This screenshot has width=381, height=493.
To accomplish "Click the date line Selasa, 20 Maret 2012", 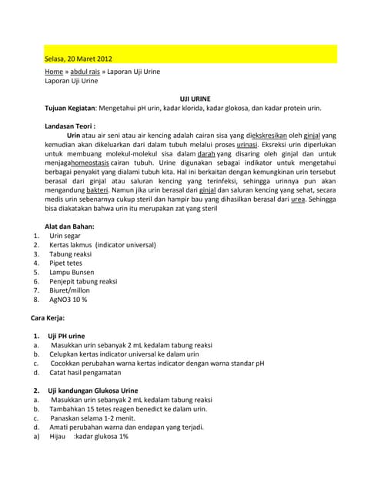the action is click(x=79, y=58).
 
